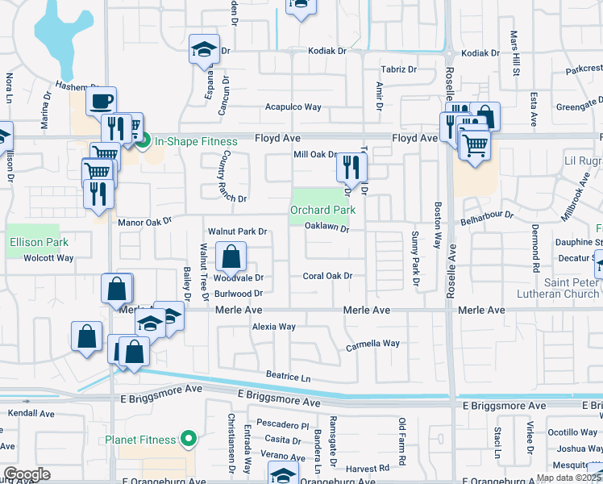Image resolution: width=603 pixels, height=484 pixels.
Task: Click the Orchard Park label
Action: coord(322,210)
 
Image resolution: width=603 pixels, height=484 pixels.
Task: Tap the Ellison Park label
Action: coord(38,242)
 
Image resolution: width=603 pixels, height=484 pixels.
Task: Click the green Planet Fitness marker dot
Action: coord(189,440)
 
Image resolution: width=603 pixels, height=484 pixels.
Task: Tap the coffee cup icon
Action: coord(101,101)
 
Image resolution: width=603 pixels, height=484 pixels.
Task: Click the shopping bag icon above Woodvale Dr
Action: coord(231,257)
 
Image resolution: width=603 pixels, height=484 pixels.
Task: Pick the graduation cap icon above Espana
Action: coord(204,49)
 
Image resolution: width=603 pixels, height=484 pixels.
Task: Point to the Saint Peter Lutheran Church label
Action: coord(571,288)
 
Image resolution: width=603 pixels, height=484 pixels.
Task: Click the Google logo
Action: coord(27,474)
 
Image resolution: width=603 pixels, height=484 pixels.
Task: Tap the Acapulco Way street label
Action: coord(293,107)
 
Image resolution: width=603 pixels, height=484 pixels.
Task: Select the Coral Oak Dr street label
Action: coord(327,276)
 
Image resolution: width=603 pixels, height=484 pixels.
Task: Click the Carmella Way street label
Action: coord(372,344)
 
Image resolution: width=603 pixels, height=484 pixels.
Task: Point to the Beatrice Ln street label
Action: coord(289,377)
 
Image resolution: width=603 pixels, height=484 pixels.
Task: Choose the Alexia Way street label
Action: coord(274,327)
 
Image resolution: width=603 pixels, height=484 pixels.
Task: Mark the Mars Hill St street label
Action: coord(514,54)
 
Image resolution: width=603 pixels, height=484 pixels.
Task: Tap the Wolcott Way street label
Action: coord(48,258)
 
